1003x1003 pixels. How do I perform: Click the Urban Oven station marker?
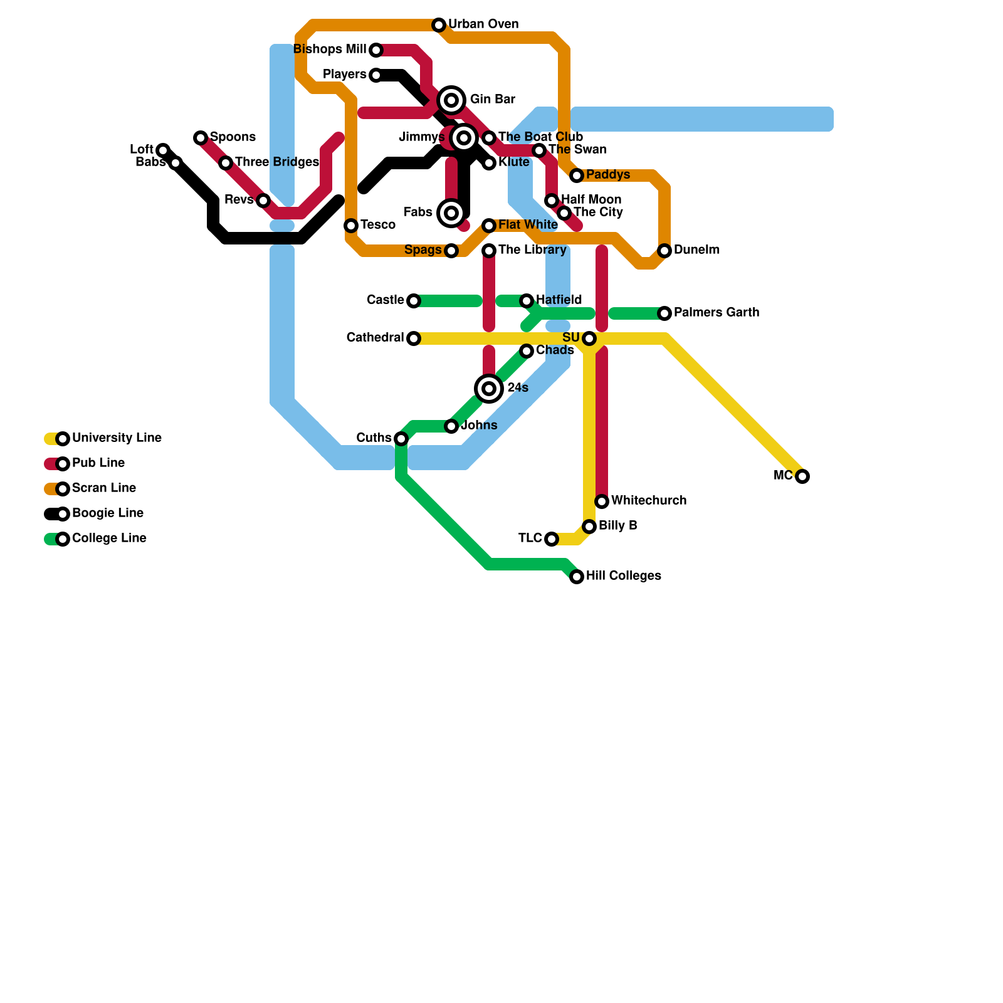tap(439, 25)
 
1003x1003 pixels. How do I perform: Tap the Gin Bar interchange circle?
tap(451, 100)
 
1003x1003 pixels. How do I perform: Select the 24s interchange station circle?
tap(489, 389)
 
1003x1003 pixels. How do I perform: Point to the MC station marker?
tap(802, 476)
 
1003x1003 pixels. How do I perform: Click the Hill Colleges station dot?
tap(577, 577)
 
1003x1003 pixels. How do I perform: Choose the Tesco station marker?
tap(351, 226)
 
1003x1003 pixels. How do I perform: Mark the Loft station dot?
tap(163, 150)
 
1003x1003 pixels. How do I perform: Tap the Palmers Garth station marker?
tap(664, 313)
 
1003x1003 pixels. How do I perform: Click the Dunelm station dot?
tap(664, 251)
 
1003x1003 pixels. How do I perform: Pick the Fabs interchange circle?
tap(451, 213)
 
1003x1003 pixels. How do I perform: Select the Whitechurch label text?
tap(648, 501)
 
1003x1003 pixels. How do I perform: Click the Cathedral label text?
tap(375, 338)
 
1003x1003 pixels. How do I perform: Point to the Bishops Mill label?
tap(330, 50)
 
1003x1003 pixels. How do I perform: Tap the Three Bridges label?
tap(276, 162)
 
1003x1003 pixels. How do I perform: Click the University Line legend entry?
tap(117, 438)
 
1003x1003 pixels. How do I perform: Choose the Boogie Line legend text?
tap(108, 513)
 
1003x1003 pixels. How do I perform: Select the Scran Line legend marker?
tap(63, 489)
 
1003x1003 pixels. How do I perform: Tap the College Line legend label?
tap(109, 538)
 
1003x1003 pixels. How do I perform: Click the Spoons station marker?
tap(201, 138)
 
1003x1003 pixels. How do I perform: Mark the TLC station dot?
tap(552, 539)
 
